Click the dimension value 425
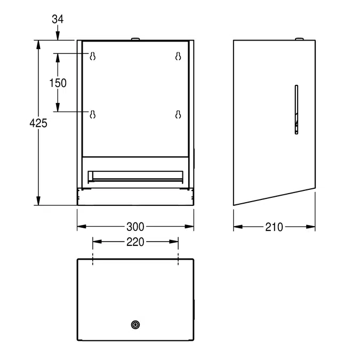[38, 123]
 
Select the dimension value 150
[58, 83]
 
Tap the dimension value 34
[58, 19]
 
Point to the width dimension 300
[136, 227]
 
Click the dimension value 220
[136, 242]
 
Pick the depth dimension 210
[274, 227]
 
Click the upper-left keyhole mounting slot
[93, 56]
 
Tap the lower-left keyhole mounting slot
[93, 114]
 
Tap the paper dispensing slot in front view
[135, 175]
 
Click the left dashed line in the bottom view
[93, 260]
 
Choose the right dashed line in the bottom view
[178, 260]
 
